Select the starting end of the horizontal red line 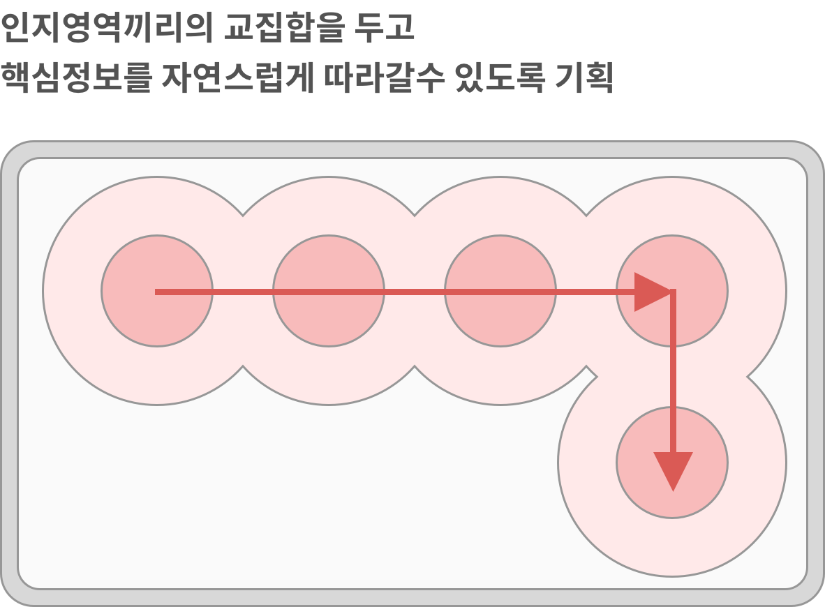(157, 292)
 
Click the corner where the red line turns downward (673, 292)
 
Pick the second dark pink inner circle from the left (329, 291)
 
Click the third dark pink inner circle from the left (500, 291)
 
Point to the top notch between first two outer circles (243, 216)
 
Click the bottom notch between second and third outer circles (415, 366)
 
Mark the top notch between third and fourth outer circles (586, 216)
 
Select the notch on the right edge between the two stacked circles (748, 377)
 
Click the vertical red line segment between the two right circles (673, 377)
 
